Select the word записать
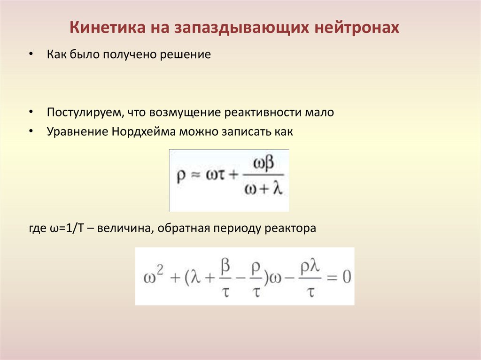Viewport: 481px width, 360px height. pos(243,132)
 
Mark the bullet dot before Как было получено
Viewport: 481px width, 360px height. pos(31,55)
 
